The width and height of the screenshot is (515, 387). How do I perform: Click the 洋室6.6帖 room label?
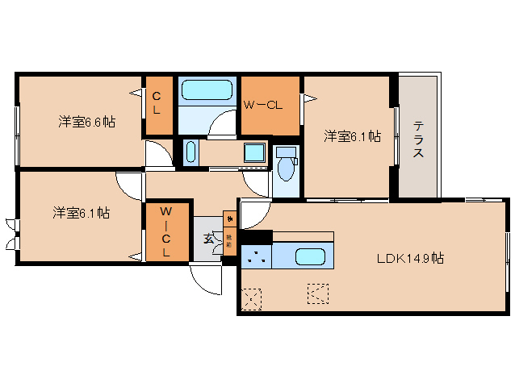[86, 122]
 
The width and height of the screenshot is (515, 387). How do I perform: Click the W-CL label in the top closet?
[263, 106]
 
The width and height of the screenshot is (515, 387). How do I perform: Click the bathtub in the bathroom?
[207, 89]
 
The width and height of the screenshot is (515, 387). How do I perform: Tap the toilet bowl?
[285, 167]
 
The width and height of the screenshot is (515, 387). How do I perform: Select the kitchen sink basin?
[310, 258]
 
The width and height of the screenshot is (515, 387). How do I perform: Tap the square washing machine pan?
[254, 152]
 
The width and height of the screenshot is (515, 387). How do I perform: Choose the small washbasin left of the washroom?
[190, 152]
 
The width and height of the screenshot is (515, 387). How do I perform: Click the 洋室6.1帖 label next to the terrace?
[353, 136]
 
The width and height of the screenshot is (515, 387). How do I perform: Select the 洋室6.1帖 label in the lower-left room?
[82, 214]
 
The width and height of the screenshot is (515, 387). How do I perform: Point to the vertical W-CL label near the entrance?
[165, 232]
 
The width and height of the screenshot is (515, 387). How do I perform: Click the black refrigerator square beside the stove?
[254, 237]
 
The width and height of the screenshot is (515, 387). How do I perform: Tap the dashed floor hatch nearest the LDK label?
[318, 293]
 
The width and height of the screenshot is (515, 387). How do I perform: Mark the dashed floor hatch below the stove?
[253, 298]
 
